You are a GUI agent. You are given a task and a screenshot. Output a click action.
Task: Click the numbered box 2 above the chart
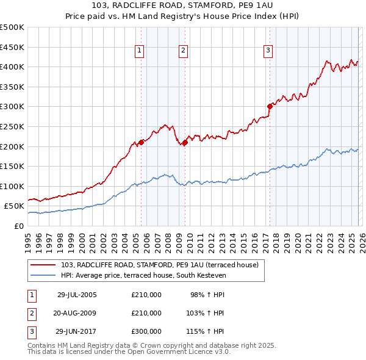click(184, 51)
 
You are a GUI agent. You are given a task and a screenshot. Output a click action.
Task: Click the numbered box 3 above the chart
click(268, 51)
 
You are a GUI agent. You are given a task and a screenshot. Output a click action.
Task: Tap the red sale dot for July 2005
click(141, 142)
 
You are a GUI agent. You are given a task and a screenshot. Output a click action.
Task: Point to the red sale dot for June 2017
click(269, 106)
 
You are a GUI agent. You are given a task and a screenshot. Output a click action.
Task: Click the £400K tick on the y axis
click(12, 67)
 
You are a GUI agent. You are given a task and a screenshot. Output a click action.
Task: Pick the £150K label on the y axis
click(12, 166)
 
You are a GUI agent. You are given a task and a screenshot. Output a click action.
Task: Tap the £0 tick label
click(18, 226)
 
